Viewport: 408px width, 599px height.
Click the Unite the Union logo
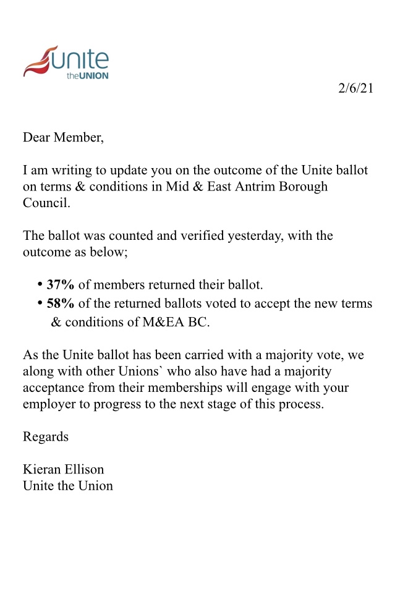tap(66, 62)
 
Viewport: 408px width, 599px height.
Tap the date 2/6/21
tap(355, 88)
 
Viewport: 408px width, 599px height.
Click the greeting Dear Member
tap(64, 137)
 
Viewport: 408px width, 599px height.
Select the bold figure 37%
tap(61, 284)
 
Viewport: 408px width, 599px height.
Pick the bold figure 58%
tap(61, 303)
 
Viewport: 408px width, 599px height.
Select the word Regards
tap(46, 436)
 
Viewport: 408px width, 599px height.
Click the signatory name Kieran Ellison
tap(64, 469)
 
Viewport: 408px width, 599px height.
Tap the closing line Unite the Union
tap(68, 485)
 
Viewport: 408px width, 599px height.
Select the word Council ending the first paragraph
tap(46, 203)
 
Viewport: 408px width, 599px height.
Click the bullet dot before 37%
tap(40, 284)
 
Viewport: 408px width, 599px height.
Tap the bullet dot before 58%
tap(40, 303)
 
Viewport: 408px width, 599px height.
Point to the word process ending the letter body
tap(300, 404)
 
